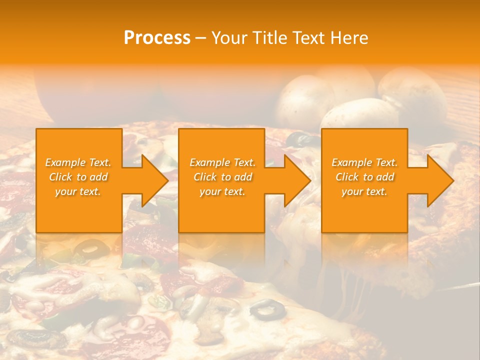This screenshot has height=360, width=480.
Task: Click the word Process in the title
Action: pyautogui.click(x=157, y=38)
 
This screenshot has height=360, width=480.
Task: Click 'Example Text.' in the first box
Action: pyautogui.click(x=78, y=162)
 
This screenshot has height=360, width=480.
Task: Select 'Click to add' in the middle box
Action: pyautogui.click(x=222, y=177)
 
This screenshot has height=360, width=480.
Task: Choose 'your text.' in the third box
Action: pyautogui.click(x=364, y=191)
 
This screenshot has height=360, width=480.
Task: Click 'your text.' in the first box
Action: pyautogui.click(x=78, y=191)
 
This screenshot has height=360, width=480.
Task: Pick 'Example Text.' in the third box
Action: pyautogui.click(x=364, y=162)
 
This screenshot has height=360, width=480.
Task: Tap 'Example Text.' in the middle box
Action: pyautogui.click(x=222, y=162)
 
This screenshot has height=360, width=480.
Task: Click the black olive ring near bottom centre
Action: pyautogui.click(x=268, y=309)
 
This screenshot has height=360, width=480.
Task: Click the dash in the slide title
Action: pyautogui.click(x=200, y=38)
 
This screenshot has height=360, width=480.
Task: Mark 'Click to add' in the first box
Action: pyautogui.click(x=78, y=177)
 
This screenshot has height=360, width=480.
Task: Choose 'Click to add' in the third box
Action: pyautogui.click(x=365, y=177)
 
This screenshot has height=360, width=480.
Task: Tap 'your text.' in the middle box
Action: pyautogui.click(x=222, y=191)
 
